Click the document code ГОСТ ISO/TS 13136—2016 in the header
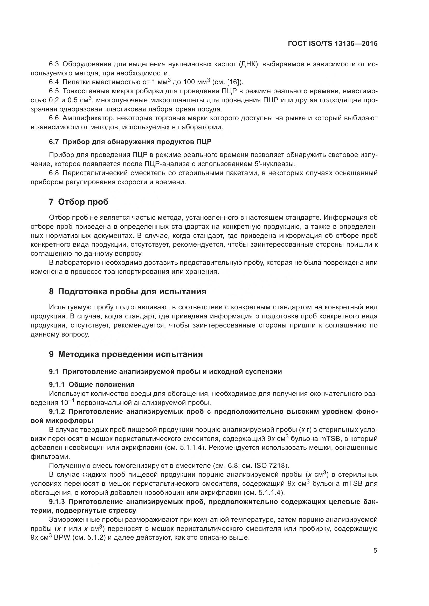(333, 44)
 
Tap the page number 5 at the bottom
(375, 558)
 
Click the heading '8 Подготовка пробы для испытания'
(127, 292)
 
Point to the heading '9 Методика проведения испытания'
(126, 354)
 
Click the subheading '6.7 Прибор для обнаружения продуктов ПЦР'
(130, 142)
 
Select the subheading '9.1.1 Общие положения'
(92, 384)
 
